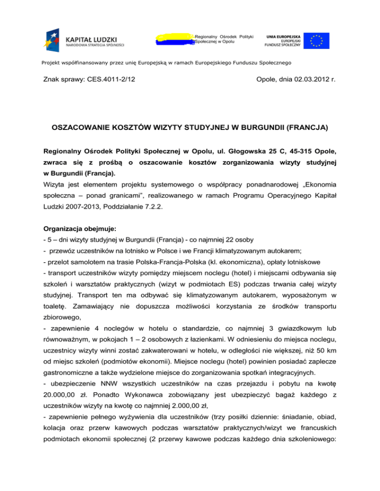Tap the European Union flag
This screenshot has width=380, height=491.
(x=316, y=40)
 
